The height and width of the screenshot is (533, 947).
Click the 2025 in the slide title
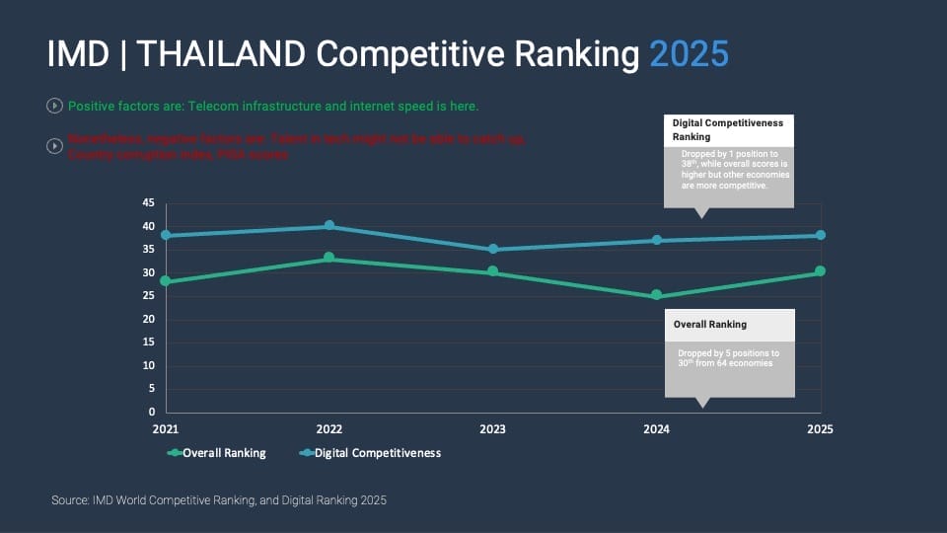pos(689,54)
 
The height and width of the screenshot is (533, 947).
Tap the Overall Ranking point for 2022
pos(329,259)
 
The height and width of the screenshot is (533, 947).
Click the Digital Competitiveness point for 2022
pos(329,226)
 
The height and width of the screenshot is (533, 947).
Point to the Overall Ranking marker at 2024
pos(657,296)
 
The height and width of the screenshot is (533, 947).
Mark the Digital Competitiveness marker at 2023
pos(493,250)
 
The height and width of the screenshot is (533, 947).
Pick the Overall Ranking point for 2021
pos(166,281)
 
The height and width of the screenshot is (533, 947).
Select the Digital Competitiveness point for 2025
pos(821,235)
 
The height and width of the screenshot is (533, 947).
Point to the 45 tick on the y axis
pos(149,203)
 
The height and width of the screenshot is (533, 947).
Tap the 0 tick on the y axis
pos(152,412)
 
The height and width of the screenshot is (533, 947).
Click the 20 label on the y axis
pos(149,319)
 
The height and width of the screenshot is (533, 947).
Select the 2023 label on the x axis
pos(493,429)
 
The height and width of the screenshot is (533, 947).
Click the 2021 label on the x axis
pos(166,429)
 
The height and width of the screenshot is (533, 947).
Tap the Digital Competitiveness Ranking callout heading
pos(728,129)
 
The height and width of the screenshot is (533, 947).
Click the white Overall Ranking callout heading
pos(710,324)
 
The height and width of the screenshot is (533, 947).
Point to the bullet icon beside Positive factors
pos(54,105)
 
